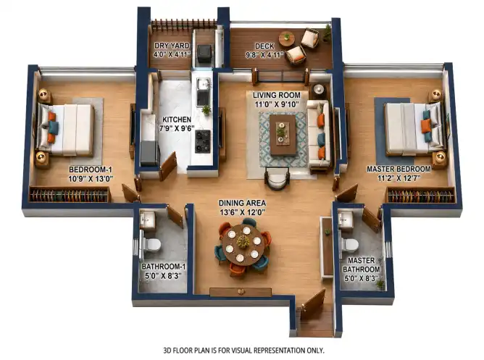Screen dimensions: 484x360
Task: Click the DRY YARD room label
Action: tap(172, 46)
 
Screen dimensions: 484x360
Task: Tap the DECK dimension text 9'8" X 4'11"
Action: tap(264, 55)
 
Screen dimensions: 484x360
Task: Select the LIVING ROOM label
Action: tap(277, 95)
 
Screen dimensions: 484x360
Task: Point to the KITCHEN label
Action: tap(177, 120)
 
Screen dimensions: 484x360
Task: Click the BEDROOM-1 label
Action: tap(91, 169)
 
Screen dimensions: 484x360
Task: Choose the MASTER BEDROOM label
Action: tap(399, 169)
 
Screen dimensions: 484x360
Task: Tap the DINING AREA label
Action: tap(242, 203)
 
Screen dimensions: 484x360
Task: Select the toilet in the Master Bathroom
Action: tap(349, 245)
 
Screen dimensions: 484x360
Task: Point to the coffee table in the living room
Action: tap(283, 134)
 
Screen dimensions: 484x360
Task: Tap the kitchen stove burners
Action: tap(203, 141)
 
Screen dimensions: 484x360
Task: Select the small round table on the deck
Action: tap(287, 39)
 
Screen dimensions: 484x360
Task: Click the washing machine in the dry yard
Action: tap(204, 54)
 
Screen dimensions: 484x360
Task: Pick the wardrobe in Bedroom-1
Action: tap(70, 195)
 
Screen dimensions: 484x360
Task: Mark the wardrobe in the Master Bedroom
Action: tap(422, 196)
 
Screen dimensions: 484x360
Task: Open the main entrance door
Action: tap(313, 304)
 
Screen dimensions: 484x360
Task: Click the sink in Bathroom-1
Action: tap(148, 219)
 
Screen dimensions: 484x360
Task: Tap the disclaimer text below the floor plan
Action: tap(243, 351)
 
